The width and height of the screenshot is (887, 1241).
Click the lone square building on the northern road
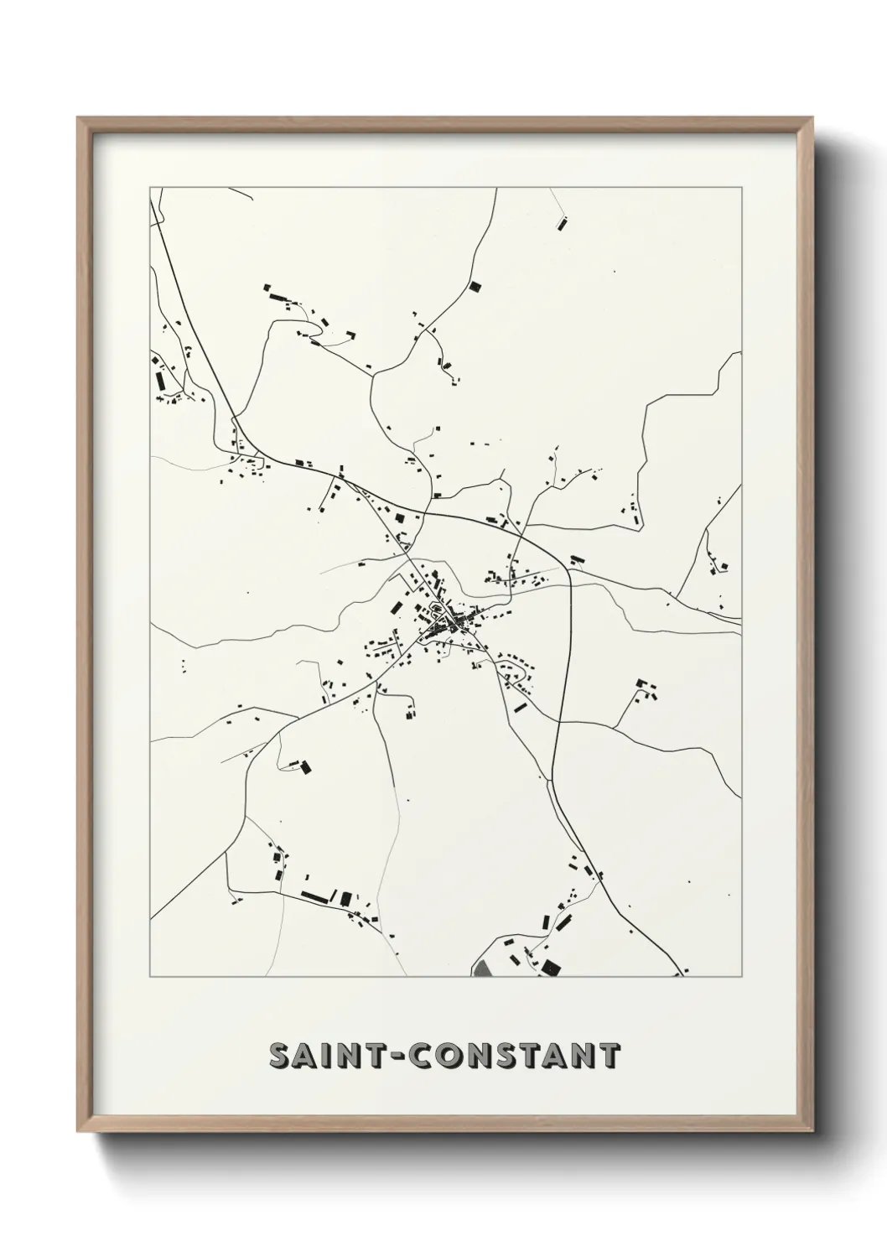pyautogui.click(x=475, y=287)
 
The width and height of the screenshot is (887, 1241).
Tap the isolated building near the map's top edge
pyautogui.click(x=561, y=223)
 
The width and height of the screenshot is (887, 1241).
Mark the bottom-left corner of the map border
pyautogui.click(x=150, y=977)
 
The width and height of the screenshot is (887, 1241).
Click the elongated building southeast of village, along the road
pyautogui.click(x=520, y=707)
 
